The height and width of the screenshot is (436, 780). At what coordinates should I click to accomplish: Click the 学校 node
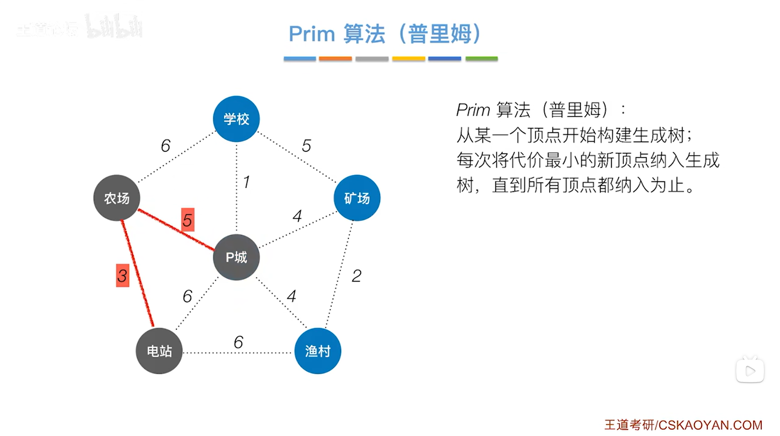tap(236, 119)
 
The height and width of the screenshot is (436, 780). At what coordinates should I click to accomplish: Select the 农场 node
tap(117, 198)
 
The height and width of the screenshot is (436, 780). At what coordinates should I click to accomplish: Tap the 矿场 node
tap(357, 198)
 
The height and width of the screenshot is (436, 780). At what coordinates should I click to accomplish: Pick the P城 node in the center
tap(236, 257)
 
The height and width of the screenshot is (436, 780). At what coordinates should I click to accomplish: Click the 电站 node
tap(159, 351)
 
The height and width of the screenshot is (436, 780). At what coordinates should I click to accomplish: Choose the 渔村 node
tap(318, 351)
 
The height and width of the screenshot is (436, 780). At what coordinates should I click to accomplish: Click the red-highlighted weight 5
tap(187, 220)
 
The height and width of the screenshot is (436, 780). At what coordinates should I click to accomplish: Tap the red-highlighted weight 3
tap(122, 276)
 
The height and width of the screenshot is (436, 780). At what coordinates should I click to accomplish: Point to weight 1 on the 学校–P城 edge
tap(246, 182)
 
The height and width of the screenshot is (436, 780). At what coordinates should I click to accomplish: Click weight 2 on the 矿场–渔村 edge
tap(356, 276)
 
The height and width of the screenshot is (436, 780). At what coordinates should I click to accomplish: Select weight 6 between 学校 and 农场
tap(165, 146)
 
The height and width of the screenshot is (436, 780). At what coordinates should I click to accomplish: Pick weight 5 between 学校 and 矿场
tap(307, 146)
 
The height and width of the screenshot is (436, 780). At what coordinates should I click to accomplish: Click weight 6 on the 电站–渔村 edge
tap(238, 342)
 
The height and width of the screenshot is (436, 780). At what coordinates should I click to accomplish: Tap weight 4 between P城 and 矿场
tap(298, 216)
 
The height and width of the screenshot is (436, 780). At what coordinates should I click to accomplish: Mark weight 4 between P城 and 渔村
tap(291, 296)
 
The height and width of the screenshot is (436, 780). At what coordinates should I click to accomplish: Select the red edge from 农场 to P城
tap(176, 229)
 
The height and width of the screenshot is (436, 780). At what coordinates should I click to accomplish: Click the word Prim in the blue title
tap(312, 34)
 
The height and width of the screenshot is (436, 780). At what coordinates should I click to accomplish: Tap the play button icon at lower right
tap(750, 371)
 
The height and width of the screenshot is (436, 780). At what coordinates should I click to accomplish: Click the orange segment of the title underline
tap(335, 59)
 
